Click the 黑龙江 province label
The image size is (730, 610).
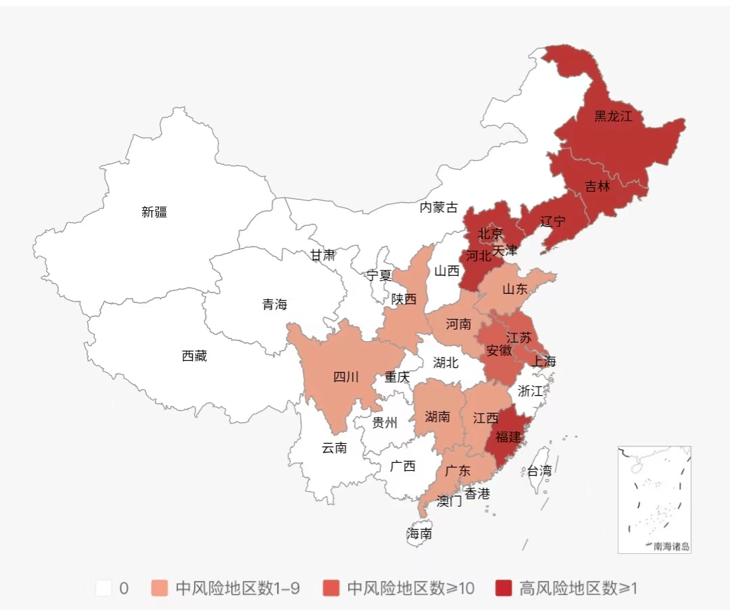(x=613, y=116)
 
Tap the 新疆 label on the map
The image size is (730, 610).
(x=154, y=212)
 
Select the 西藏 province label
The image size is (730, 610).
(x=195, y=356)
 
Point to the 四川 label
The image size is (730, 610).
(x=346, y=377)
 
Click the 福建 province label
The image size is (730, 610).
(x=508, y=437)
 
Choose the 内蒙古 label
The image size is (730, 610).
(x=439, y=207)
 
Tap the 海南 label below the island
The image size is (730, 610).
(x=419, y=534)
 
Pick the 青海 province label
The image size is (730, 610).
(x=274, y=305)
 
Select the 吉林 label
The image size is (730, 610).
(x=597, y=186)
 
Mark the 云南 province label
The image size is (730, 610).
(x=334, y=447)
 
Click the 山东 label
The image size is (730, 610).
(x=515, y=289)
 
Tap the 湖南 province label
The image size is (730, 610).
(x=437, y=417)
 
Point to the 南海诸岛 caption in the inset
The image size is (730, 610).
(x=671, y=547)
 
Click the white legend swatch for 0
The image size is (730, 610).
(x=104, y=588)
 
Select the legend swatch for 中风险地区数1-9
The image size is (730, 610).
(x=160, y=588)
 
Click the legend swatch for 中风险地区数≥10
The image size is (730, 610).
(x=332, y=588)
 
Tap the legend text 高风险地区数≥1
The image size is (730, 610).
(x=579, y=588)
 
